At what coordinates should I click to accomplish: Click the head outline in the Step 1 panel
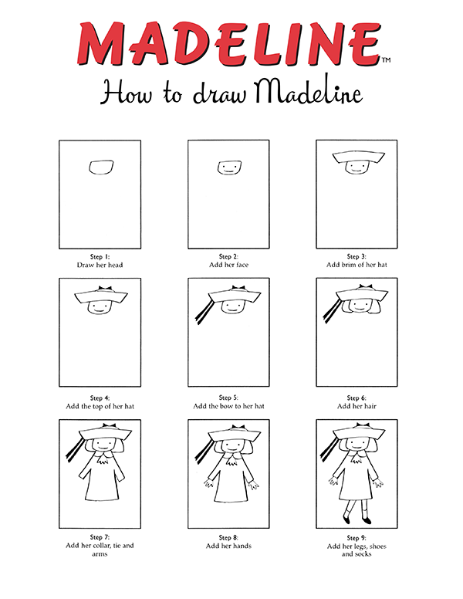(x=100, y=167)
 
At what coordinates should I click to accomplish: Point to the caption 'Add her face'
(x=228, y=265)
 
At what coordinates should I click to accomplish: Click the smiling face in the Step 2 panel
(x=228, y=167)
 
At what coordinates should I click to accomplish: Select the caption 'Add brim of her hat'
(x=357, y=265)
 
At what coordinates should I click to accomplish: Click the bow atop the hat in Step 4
(x=100, y=289)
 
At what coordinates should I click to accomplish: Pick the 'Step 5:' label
(x=228, y=398)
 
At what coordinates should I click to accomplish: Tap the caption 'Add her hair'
(x=357, y=406)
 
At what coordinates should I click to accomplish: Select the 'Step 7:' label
(x=100, y=537)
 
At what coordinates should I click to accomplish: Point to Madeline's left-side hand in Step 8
(x=204, y=485)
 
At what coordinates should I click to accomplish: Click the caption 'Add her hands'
(x=228, y=546)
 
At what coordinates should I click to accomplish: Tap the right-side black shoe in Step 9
(x=367, y=520)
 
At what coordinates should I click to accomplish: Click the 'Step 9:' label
(x=357, y=537)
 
